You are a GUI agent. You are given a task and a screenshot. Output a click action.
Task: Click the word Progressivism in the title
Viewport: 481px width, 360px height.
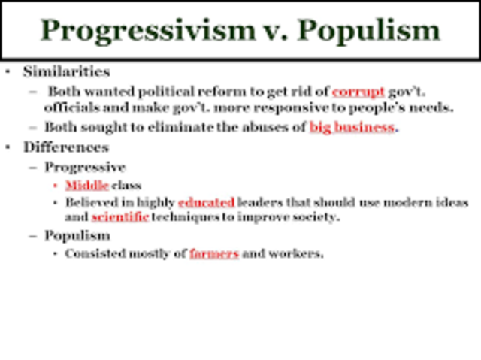point(147,30)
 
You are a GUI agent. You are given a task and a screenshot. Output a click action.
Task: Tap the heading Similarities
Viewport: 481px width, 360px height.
point(66,72)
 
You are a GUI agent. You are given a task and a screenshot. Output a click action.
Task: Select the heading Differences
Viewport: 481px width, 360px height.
point(66,147)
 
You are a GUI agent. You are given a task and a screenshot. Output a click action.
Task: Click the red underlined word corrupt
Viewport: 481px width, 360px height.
point(358,92)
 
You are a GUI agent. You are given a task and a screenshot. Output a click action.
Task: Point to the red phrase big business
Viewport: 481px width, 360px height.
point(352,127)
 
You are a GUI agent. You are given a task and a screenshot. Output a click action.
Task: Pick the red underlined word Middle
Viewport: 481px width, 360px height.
point(87,185)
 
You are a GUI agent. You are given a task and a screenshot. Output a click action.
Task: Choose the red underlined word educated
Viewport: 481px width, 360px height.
point(207,202)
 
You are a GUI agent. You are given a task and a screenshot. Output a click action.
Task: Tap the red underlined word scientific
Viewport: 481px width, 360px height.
point(120,217)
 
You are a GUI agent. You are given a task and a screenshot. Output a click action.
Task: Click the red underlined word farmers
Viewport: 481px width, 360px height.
point(214,253)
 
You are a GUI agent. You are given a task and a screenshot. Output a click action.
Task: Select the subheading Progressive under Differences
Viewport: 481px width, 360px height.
point(85,167)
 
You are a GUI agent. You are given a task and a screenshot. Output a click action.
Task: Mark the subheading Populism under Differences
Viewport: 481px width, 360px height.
point(77,235)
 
